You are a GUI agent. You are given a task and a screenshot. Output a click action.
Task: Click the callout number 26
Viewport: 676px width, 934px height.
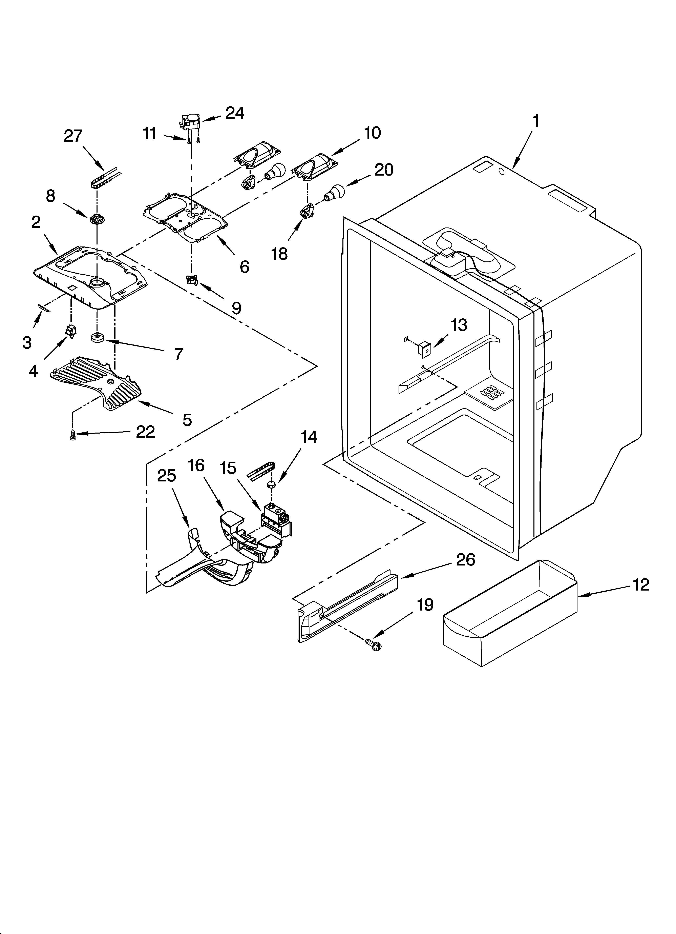coord(466,560)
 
